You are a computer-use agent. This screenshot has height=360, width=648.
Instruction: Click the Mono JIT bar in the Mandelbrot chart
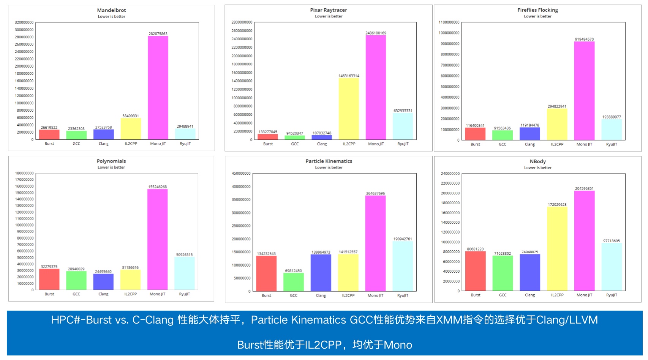click(158, 87)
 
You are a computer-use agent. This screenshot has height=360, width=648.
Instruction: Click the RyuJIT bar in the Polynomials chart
click(185, 273)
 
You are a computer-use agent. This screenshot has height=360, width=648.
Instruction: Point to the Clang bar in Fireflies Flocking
click(529, 134)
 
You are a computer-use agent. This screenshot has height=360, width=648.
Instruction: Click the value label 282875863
click(158, 34)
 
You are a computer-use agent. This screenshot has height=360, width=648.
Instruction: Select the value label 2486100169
click(376, 33)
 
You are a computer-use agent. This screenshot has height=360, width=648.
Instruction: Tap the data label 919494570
click(584, 39)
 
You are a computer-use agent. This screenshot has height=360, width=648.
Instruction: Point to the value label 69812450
click(294, 271)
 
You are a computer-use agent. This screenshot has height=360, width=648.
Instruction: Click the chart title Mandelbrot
click(111, 10)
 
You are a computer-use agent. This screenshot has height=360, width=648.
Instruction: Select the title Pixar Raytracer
click(329, 10)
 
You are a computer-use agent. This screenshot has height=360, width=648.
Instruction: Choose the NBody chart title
click(538, 161)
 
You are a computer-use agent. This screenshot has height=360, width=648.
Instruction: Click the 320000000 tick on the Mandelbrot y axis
click(24, 22)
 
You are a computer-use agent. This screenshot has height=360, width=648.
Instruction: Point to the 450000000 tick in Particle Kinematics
click(241, 174)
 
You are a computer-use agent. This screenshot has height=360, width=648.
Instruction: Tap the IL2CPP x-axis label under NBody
click(557, 295)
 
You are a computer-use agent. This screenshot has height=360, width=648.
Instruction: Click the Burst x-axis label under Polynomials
click(49, 294)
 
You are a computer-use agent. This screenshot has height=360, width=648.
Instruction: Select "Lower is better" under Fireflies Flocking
click(537, 16)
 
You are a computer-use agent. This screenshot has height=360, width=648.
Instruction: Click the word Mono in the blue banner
click(398, 345)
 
